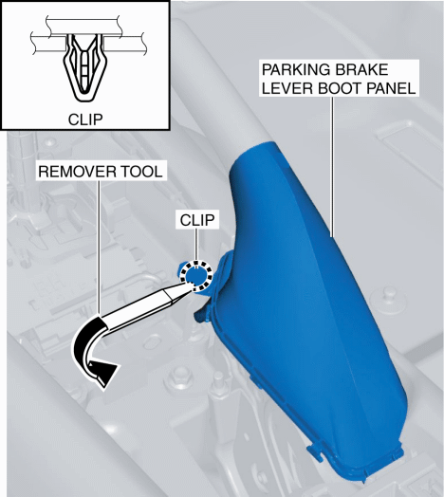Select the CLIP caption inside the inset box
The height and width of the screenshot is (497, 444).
click(x=85, y=120)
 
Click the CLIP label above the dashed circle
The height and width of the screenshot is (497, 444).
click(x=197, y=220)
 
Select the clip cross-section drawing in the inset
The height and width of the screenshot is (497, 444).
click(x=85, y=67)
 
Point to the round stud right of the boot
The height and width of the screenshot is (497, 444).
click(x=388, y=299)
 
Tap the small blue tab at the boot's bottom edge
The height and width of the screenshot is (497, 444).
click(x=315, y=451)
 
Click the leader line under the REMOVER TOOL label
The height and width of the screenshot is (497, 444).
click(x=99, y=248)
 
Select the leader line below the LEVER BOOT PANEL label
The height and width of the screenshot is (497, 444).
click(x=333, y=167)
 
